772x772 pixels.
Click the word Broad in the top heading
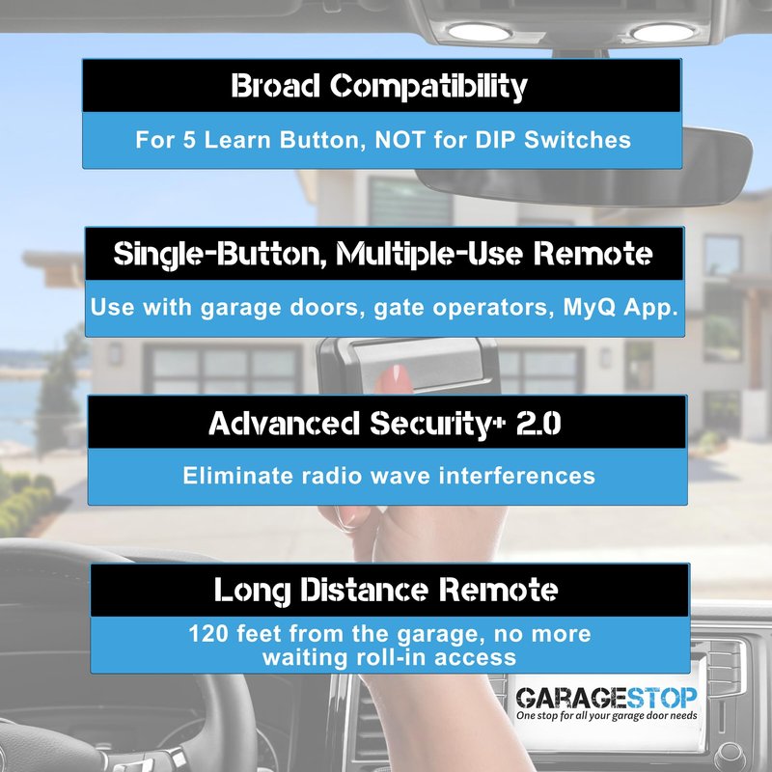pos(275,86)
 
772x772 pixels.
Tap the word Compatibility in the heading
pos(428,87)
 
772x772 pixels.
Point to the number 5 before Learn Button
pos(189,140)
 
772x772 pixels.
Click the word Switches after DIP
pos(577,139)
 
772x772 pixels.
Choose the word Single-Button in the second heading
pos(220,255)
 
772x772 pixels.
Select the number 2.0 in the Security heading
pos(538,423)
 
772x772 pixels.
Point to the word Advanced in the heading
pos(284,423)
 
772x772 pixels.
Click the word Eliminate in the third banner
pos(237,476)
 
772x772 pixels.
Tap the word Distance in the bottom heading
pos(364,590)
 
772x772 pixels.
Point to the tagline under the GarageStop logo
pos(607,715)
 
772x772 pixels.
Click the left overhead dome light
pos(480,33)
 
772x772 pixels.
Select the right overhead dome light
pos(663,33)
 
